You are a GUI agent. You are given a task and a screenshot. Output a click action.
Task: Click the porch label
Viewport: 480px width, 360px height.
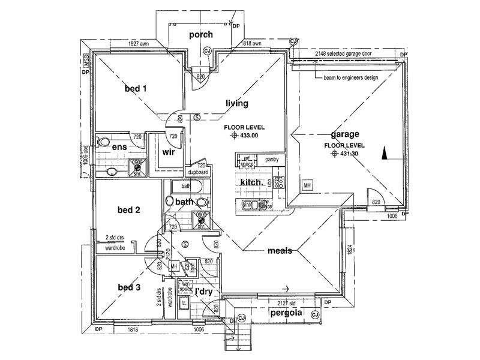click(x=201, y=35)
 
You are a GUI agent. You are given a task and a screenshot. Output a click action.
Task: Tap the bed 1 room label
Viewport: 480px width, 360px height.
click(x=136, y=89)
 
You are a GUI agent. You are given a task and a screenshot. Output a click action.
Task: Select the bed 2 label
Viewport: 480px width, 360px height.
click(x=129, y=210)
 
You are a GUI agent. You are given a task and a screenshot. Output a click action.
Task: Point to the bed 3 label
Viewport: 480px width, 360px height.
click(x=129, y=287)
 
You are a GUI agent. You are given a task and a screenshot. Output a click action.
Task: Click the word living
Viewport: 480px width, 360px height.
click(x=236, y=104)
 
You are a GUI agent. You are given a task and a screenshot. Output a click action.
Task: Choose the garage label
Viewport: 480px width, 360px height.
click(x=344, y=134)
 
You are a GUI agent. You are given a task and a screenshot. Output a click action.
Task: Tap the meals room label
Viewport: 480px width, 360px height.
click(x=280, y=251)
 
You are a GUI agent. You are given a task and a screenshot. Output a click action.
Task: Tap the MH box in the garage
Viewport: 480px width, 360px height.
click(x=307, y=186)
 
